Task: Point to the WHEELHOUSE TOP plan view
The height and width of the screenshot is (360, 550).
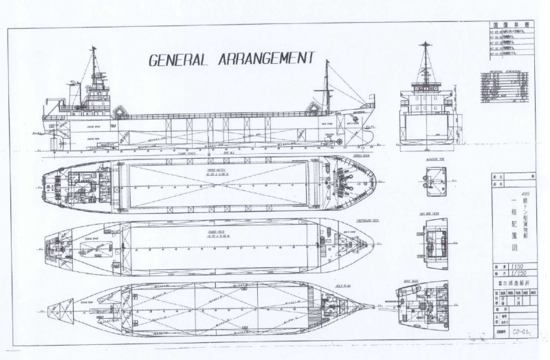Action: pos(436,181)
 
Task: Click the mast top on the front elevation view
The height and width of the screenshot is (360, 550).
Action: pos(426,46)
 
